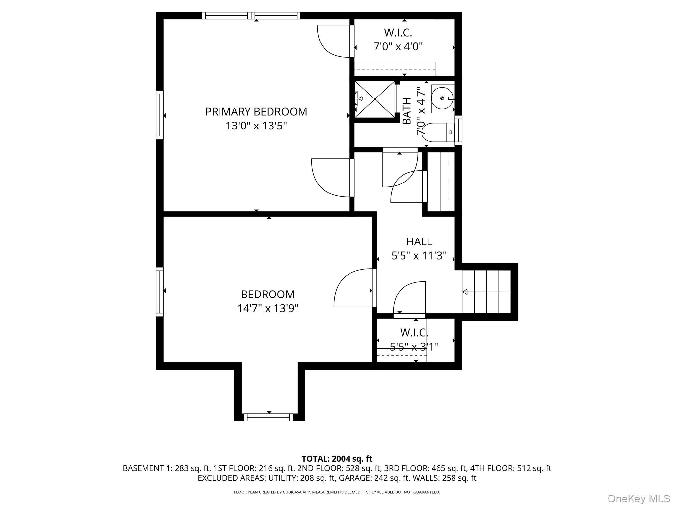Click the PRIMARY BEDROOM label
pyautogui.click(x=256, y=112)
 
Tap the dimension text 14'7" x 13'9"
pyautogui.click(x=268, y=308)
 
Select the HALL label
pyautogui.click(x=419, y=241)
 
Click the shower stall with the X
pyautogui.click(x=375, y=99)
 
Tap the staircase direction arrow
pyautogui.click(x=465, y=292)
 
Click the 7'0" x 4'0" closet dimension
pyautogui.click(x=398, y=47)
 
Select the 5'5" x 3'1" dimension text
pyautogui.click(x=414, y=347)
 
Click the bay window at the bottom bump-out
pyautogui.click(x=268, y=417)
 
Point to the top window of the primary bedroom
pyautogui.click(x=251, y=15)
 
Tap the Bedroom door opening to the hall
pyautogui.click(x=354, y=288)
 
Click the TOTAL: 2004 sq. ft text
pyautogui.click(x=337, y=459)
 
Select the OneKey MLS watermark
pyautogui.click(x=638, y=498)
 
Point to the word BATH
pyautogui.click(x=407, y=111)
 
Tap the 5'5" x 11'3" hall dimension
pyautogui.click(x=419, y=256)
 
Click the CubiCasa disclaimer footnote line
pyautogui.click(x=337, y=492)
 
